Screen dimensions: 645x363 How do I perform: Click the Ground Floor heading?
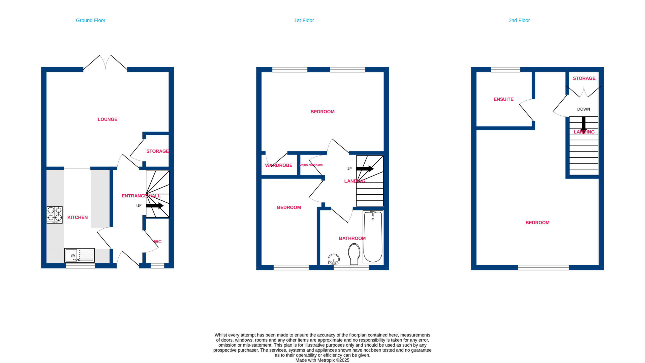[90, 20]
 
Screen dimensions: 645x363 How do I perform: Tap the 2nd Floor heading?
[519, 20]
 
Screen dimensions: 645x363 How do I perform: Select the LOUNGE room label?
[107, 119]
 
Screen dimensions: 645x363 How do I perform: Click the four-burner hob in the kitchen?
[55, 215]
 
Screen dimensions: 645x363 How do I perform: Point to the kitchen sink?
[79, 255]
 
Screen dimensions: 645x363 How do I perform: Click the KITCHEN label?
[77, 218]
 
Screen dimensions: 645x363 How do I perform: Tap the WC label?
[158, 242]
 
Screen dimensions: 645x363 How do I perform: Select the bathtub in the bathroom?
[373, 237]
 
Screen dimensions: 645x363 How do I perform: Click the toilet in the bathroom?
[354, 254]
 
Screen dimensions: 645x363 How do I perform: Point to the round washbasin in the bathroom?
[334, 259]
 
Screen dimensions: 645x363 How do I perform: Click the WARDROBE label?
[279, 165]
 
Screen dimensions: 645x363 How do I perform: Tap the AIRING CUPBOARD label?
[311, 165]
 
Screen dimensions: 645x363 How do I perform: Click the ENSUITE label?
[503, 99]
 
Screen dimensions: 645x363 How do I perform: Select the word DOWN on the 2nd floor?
[584, 109]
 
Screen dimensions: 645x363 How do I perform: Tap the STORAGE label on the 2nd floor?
[584, 78]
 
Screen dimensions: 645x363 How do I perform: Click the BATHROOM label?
[352, 238]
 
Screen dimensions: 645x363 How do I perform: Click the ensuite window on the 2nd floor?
[505, 70]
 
